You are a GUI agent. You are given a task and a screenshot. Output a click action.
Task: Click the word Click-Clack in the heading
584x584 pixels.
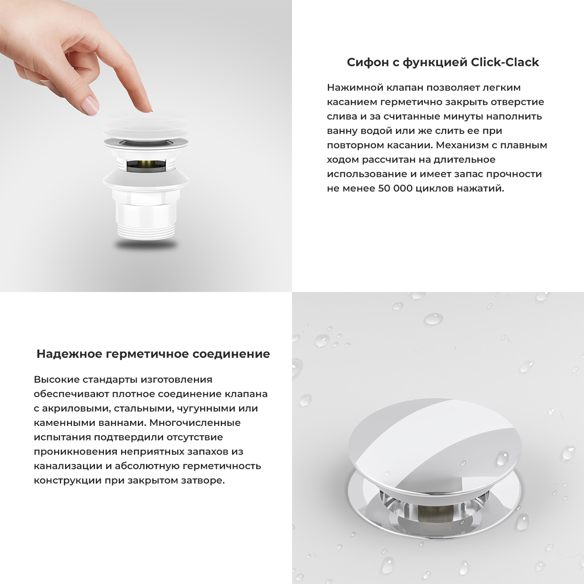505,62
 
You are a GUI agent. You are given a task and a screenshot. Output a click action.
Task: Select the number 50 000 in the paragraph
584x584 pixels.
395,188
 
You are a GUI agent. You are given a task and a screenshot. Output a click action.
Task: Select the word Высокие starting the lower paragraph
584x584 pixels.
56,380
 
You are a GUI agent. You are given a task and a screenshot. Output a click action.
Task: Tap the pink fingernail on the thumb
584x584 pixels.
90,106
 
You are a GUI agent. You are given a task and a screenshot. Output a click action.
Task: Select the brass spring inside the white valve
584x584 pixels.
146,165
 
